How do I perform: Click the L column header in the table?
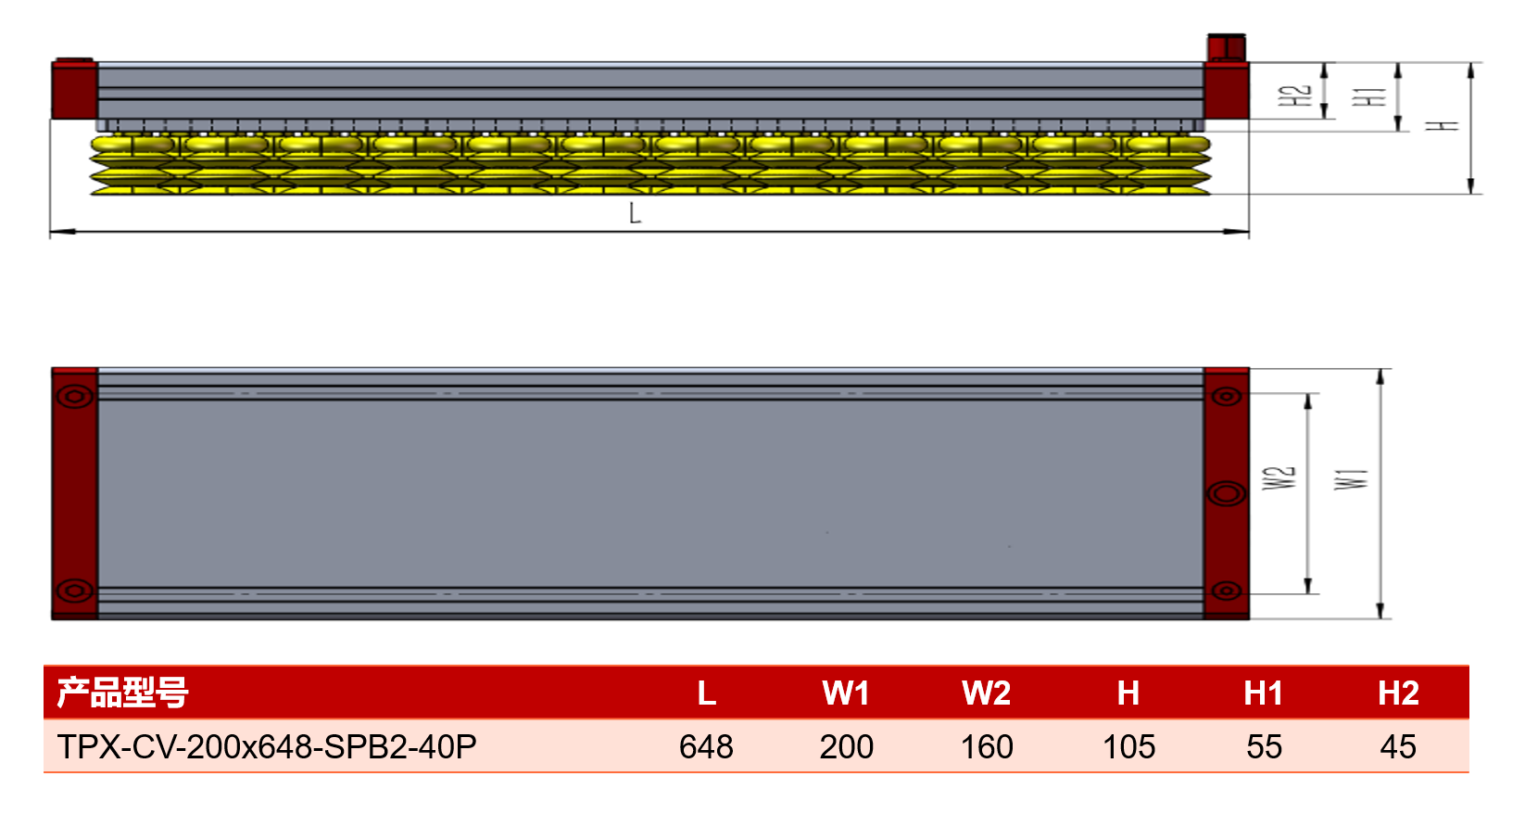(x=707, y=693)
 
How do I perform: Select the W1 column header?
(x=846, y=693)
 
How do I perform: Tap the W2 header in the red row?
(x=987, y=693)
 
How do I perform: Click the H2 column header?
(x=1398, y=693)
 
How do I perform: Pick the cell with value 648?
(x=706, y=746)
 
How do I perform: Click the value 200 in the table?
(x=846, y=746)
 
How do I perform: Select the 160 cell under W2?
(x=987, y=746)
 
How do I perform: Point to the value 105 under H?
(x=1128, y=746)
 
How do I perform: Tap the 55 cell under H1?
(x=1265, y=746)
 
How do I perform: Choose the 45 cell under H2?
(x=1398, y=746)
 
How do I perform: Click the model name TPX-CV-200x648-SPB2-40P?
(x=267, y=746)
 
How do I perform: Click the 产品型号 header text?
(x=122, y=693)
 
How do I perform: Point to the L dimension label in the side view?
(x=635, y=213)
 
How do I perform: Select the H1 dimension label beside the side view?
(x=1368, y=96)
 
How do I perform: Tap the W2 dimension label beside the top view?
(x=1279, y=478)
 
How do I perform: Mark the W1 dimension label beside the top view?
(x=1351, y=479)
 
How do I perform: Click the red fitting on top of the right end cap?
(x=1227, y=47)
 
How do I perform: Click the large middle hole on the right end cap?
(x=1227, y=494)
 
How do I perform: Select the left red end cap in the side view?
(x=74, y=90)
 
